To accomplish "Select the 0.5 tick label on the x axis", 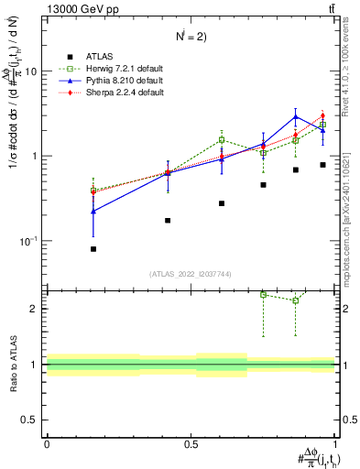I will pyautogui.click(x=191, y=443).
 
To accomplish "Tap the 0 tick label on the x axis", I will pyautogui.click(x=47, y=443).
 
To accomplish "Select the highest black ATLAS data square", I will pyautogui.click(x=322, y=165).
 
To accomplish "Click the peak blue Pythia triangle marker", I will pyautogui.click(x=295, y=116).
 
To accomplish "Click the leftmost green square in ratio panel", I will pyautogui.click(x=264, y=295).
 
